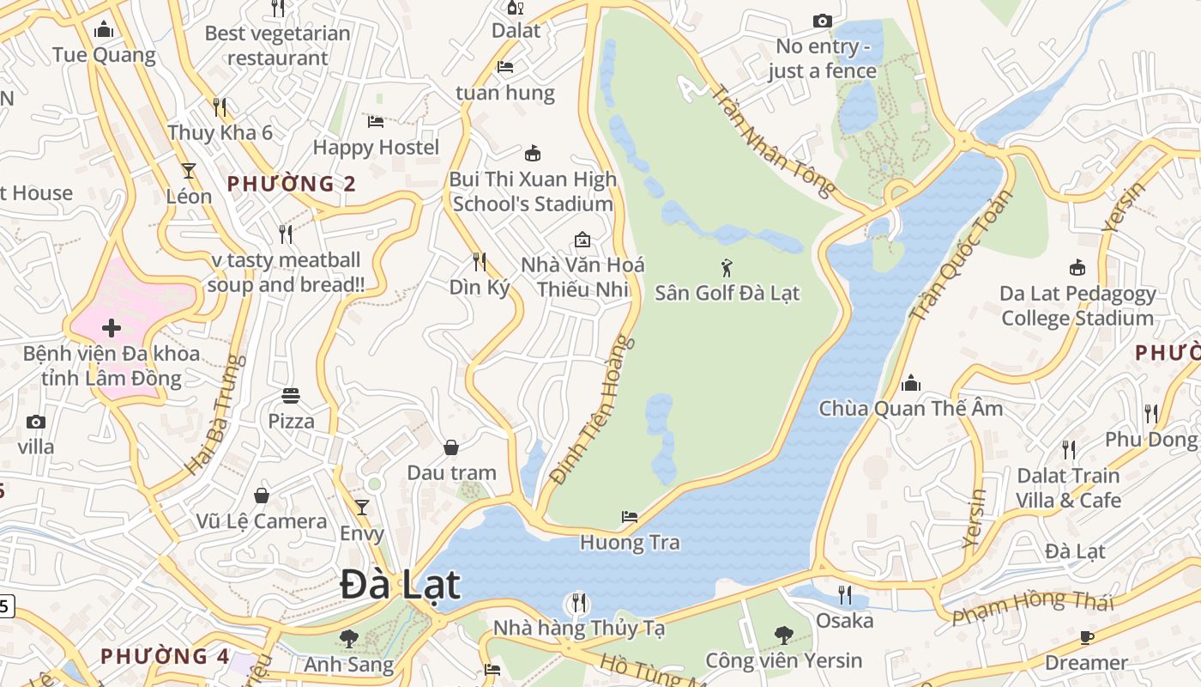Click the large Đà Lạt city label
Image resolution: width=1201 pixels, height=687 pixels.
tap(400, 585)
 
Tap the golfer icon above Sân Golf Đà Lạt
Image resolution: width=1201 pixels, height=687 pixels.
tap(727, 268)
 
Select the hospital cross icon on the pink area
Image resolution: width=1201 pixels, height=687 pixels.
tap(111, 328)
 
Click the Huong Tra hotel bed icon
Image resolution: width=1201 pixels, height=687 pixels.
tap(629, 517)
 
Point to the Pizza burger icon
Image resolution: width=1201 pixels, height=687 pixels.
tap(291, 396)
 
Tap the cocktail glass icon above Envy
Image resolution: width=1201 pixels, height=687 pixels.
tap(362, 507)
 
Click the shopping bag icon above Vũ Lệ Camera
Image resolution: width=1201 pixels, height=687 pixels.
tap(262, 495)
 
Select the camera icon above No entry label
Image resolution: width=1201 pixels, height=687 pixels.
tap(822, 21)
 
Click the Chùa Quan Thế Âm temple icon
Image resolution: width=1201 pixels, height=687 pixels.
tap(911, 382)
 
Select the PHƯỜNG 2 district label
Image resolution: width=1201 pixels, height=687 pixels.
tap(292, 184)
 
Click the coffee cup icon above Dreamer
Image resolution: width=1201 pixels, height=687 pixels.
tap(1086, 637)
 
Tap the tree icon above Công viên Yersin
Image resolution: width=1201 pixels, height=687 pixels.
tap(783, 635)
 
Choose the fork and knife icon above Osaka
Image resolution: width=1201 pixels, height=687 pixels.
tap(845, 594)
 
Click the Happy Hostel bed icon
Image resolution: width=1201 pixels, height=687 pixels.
tap(375, 121)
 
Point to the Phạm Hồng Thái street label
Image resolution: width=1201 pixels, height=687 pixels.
tap(1033, 606)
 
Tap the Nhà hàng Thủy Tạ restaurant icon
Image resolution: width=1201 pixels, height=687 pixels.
tap(579, 602)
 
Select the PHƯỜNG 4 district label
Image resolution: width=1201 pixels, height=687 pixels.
tap(165, 656)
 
